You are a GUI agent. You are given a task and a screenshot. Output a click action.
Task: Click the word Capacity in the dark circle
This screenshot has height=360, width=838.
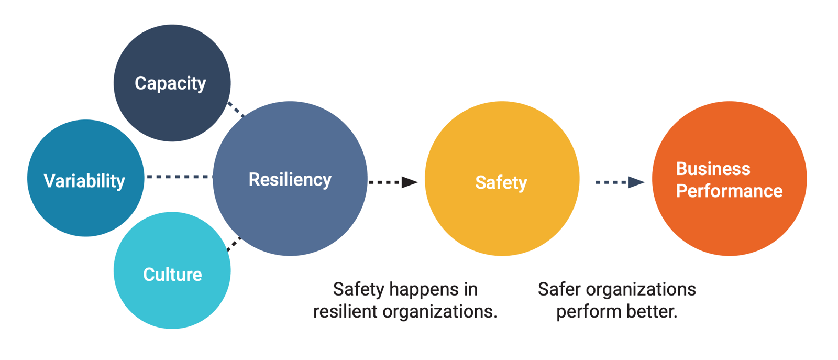click(x=170, y=83)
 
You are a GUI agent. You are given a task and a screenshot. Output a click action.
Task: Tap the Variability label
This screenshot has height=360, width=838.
click(x=84, y=181)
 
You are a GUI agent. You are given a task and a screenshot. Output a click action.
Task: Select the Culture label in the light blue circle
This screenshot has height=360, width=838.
click(x=172, y=275)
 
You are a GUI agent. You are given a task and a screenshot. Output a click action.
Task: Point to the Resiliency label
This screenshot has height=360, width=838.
click(x=290, y=180)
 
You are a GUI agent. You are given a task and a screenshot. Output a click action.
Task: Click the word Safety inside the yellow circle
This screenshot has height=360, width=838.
click(x=501, y=182)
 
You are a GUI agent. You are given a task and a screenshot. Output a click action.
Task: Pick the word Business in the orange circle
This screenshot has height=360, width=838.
click(x=713, y=169)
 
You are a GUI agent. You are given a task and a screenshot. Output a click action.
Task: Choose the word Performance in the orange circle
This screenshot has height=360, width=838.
click(x=729, y=191)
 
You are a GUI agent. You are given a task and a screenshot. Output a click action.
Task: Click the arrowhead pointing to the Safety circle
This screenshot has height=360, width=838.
click(x=409, y=182)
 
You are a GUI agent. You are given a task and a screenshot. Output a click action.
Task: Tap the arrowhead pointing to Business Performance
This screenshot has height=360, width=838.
click(x=636, y=182)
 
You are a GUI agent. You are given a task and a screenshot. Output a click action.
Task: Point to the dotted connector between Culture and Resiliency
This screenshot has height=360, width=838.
click(x=234, y=244)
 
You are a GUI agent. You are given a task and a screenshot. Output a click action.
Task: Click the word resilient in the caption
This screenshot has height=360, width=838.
click(x=345, y=311)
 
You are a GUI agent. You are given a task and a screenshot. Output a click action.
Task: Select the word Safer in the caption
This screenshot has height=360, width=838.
click(x=559, y=289)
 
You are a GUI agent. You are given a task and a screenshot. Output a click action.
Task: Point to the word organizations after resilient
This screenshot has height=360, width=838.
click(x=439, y=311)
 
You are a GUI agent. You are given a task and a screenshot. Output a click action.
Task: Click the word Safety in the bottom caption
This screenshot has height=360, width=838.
click(x=359, y=290)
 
